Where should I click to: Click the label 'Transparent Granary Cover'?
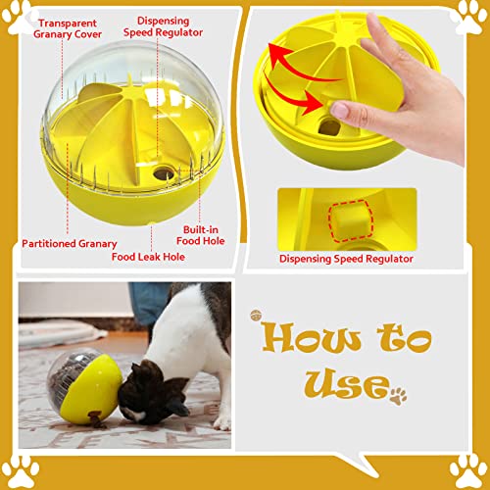click(68, 28)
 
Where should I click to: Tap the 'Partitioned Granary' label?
click(70, 244)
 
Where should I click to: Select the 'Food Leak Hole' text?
click(148, 257)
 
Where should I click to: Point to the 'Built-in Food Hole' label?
click(201, 235)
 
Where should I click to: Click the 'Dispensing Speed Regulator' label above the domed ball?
click(163, 26)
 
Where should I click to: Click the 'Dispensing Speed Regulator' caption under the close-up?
click(346, 259)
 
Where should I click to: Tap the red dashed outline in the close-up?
click(351, 220)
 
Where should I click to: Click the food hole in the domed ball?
click(164, 173)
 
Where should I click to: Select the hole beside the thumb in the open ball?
click(328, 127)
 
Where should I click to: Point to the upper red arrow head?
click(276, 52)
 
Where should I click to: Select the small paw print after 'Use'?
click(399, 396)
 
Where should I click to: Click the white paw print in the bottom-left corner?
click(21, 471)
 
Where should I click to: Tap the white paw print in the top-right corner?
click(468, 17)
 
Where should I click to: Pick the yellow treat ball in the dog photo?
click(85, 387)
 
